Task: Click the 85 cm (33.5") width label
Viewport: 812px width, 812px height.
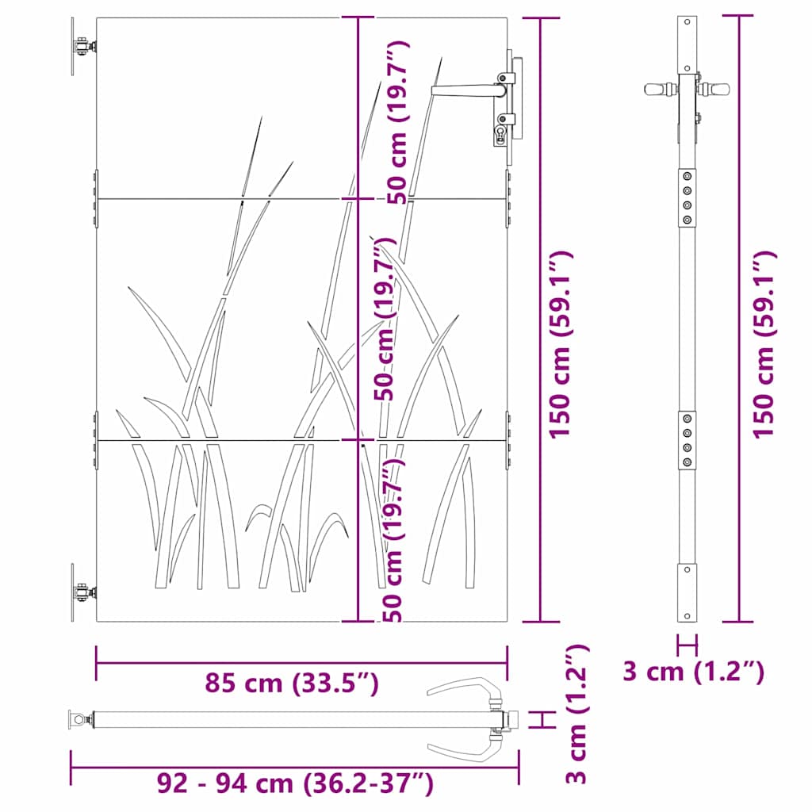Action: [292, 683]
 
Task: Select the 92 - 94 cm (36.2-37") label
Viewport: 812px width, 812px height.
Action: [296, 784]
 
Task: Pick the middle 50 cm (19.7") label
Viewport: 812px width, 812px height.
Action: [385, 317]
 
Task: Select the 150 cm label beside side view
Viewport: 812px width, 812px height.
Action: [764, 345]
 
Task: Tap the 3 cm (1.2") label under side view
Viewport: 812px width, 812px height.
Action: [693, 672]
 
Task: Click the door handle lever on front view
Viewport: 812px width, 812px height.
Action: [464, 91]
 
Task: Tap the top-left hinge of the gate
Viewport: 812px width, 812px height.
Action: [82, 48]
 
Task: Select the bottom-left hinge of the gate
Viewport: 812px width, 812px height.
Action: [82, 592]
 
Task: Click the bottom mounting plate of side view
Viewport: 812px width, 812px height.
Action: [688, 593]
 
